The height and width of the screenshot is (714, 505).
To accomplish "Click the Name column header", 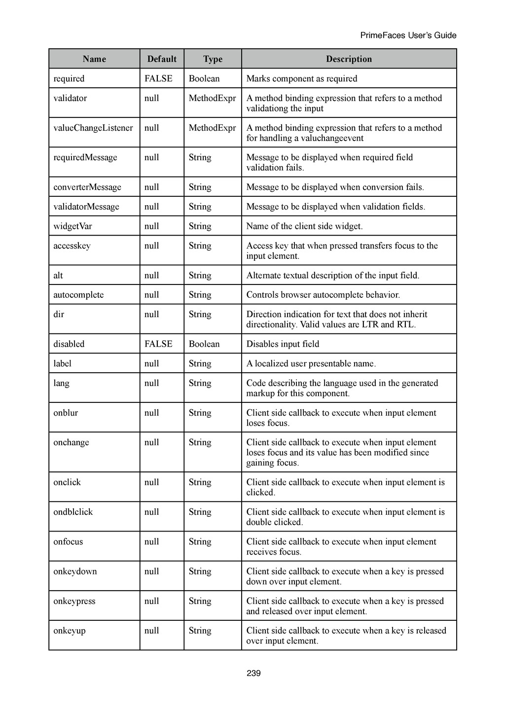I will (x=94, y=59).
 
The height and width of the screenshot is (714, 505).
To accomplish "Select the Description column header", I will (x=349, y=59).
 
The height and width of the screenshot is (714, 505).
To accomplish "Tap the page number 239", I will (x=253, y=673).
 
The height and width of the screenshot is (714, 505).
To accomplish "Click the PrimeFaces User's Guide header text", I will (x=408, y=36).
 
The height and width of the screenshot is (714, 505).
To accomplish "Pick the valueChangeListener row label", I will (x=93, y=128).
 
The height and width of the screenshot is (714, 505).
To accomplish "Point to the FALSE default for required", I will (x=158, y=79).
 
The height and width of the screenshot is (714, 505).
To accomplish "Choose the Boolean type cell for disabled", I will (x=204, y=344).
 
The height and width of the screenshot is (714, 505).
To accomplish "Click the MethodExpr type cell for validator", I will (x=212, y=98).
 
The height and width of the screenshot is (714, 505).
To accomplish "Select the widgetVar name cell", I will (x=72, y=226).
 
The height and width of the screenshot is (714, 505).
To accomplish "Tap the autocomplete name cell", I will (x=78, y=295).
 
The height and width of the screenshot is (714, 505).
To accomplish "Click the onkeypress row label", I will (x=74, y=601).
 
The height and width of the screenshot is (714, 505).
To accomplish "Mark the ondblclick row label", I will (x=73, y=512).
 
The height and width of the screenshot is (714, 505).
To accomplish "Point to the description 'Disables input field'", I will (x=283, y=344).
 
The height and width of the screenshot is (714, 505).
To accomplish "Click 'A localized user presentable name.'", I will (x=311, y=364).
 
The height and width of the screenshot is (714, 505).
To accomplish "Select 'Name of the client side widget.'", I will (x=304, y=226).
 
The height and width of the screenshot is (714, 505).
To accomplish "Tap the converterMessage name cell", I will (x=87, y=187).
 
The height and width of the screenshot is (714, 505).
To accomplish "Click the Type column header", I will (x=213, y=59).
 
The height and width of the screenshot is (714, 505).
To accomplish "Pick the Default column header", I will (x=162, y=59).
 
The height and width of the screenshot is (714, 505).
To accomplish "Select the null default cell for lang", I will (x=151, y=383).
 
